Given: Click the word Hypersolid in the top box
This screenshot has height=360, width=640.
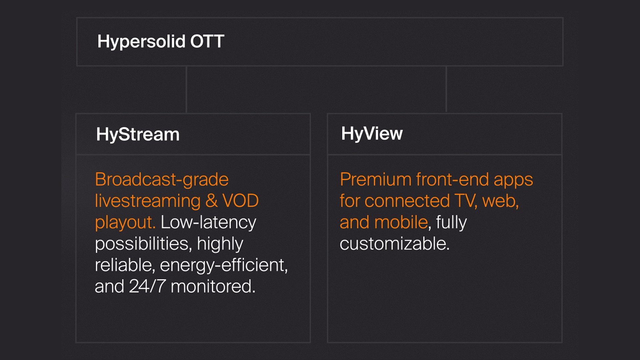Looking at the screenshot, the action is click(141, 42).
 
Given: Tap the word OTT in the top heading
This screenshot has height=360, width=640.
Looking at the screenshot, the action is click(207, 41).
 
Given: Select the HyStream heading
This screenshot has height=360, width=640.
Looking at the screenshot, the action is click(138, 135).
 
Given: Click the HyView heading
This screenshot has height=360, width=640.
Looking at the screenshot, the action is click(372, 134).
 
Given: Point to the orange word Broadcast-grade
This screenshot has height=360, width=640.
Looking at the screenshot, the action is click(162, 180).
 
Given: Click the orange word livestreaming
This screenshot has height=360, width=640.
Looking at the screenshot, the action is click(148, 201).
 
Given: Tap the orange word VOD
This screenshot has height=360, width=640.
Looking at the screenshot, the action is click(240, 201).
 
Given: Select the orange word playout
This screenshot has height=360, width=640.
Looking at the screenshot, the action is click(125, 223).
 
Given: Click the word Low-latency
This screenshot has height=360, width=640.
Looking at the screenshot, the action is click(208, 223).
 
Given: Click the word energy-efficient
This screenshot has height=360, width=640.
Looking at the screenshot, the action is click(224, 265).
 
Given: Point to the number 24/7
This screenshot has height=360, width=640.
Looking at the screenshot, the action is click(147, 286).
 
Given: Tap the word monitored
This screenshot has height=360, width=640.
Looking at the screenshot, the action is click(213, 286).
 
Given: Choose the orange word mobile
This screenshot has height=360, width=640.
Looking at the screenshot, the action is click(401, 222).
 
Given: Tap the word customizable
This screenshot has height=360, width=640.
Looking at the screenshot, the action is click(395, 244).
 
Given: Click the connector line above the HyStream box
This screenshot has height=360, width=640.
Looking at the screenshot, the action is click(186, 90).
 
